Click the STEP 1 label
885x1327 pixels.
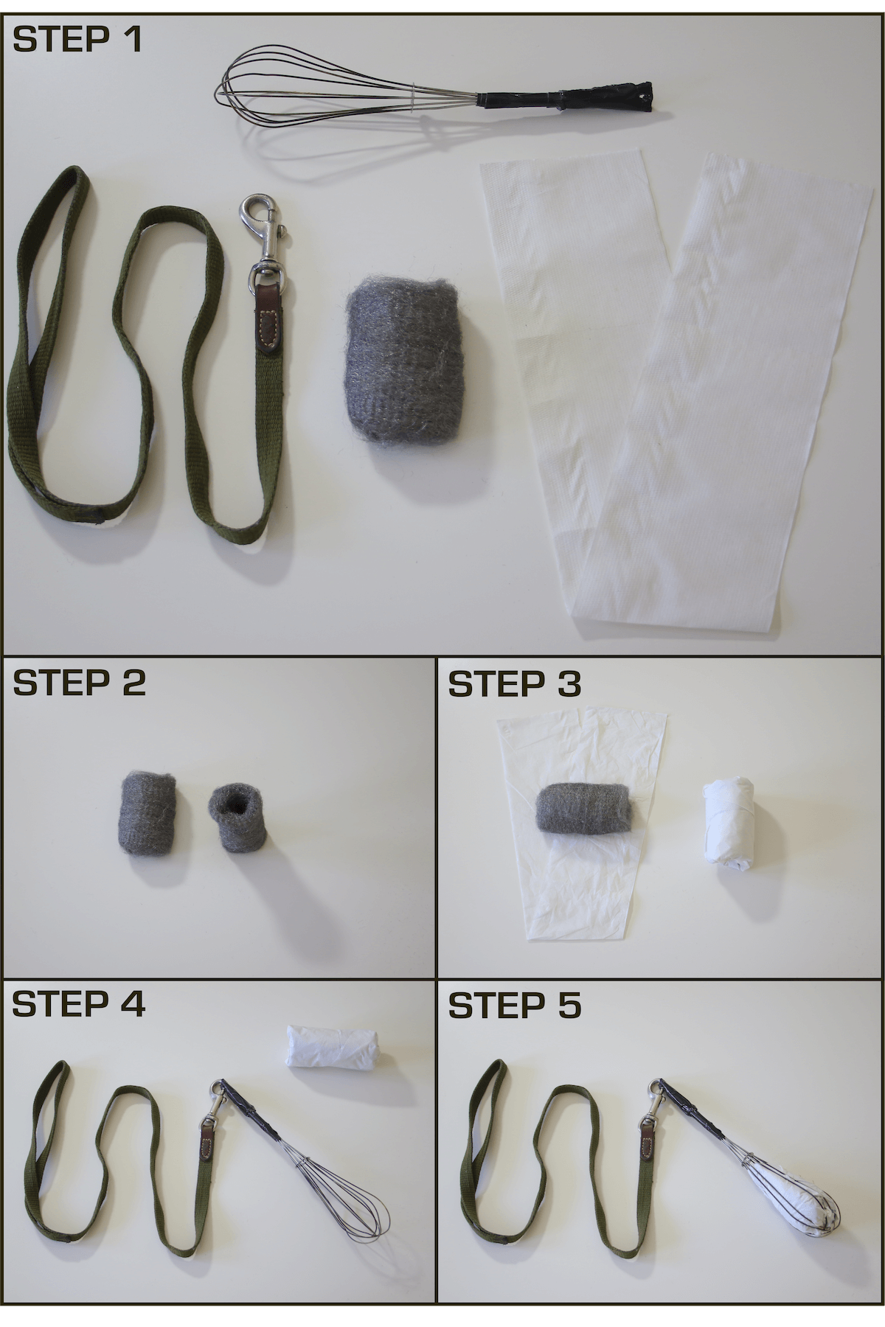(77, 39)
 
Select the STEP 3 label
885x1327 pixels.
(515, 684)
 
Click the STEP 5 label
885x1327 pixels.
(515, 1006)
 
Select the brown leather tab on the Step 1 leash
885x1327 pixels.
(269, 321)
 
